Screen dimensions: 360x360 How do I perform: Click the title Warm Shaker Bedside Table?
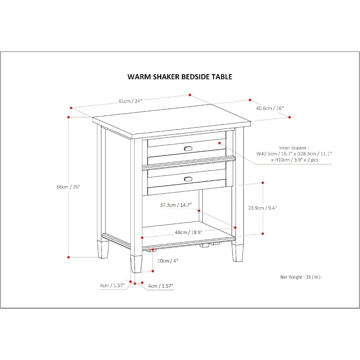pyautogui.click(x=180, y=77)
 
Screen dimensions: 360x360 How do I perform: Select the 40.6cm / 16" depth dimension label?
pyautogui.click(x=270, y=108)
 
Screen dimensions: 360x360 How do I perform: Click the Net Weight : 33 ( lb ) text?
pyautogui.click(x=300, y=277)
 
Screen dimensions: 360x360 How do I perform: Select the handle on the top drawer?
pyautogui.click(x=188, y=148)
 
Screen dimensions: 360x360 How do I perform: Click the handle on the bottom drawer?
pyautogui.click(x=188, y=179)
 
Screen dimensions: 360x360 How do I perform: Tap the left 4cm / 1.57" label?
pyautogui.click(x=112, y=286)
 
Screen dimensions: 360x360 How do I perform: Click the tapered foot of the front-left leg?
pyautogui.click(x=136, y=265)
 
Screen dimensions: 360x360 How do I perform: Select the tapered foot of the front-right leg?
pyautogui.click(x=237, y=253)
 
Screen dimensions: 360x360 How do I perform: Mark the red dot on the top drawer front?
pyautogui.click(x=219, y=143)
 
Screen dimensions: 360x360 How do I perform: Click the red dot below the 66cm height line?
pyautogui.click(x=68, y=257)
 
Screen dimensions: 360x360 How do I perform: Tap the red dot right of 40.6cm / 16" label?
pyautogui.click(x=289, y=117)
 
